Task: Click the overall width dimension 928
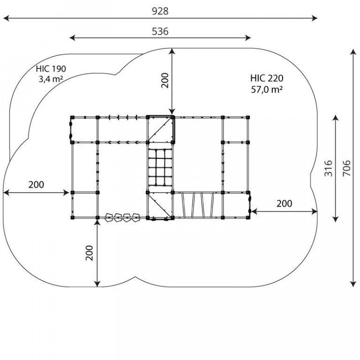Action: click(160, 11)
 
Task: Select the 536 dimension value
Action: click(160, 31)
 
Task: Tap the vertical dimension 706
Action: click(346, 168)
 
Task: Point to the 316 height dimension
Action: click(328, 168)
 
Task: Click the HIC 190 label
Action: click(51, 68)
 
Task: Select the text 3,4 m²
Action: click(51, 79)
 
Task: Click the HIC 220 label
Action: click(267, 78)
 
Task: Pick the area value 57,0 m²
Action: click(267, 90)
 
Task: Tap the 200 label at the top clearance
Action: click(165, 80)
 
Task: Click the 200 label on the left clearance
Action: click(36, 185)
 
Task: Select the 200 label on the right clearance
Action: click(284, 203)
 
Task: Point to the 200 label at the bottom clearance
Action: click(90, 253)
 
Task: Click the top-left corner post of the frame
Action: click(72, 117)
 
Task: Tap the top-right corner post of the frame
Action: click(247, 117)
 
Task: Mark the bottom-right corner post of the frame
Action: click(247, 217)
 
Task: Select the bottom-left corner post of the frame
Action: click(72, 217)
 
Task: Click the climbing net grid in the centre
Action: click(160, 167)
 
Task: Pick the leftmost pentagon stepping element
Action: click(109, 217)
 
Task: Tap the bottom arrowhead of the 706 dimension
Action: click(353, 284)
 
